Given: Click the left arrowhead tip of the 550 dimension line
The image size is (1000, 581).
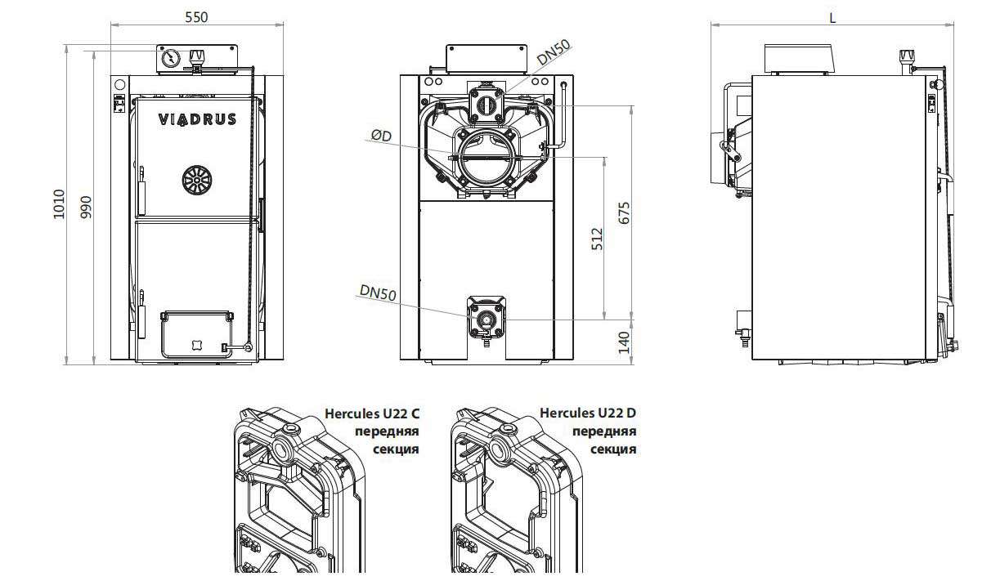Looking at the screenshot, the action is point(111,25).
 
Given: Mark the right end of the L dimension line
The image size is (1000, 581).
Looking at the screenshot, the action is point(954,25).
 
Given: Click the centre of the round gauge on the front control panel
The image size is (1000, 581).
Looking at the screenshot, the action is point(171,58).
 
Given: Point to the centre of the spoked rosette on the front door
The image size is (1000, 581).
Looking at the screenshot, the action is point(197,180).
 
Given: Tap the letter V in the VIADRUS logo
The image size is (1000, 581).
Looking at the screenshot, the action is point(164,119).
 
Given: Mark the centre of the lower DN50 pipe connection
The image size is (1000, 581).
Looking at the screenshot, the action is point(487,319).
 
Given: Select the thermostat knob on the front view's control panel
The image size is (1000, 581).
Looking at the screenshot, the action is point(196,56).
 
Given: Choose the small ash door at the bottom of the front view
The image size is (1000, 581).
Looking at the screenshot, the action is point(196,334).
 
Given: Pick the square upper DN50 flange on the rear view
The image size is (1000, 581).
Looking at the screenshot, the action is point(487,105).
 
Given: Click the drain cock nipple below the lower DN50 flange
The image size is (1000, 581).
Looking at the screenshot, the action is point(487,343).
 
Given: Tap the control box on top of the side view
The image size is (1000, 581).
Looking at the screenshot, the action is point(799,59).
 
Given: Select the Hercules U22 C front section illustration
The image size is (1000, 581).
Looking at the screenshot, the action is point(300,489).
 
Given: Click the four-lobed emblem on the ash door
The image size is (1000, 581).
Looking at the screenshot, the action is point(195,345).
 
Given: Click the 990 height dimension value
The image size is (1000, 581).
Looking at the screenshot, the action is point(86,207).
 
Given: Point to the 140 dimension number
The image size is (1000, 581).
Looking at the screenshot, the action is point(624,342).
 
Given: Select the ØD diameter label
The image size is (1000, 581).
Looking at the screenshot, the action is point(381,136).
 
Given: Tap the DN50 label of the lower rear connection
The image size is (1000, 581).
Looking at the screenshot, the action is point(378,293).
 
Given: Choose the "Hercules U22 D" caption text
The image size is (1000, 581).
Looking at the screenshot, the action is point(588,413).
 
